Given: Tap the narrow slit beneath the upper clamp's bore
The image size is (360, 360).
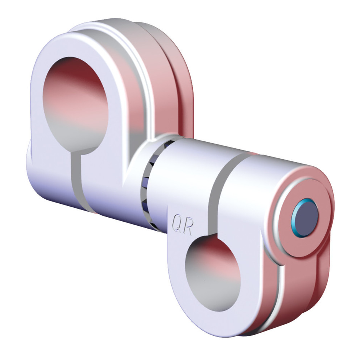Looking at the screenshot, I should click(x=76, y=180).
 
